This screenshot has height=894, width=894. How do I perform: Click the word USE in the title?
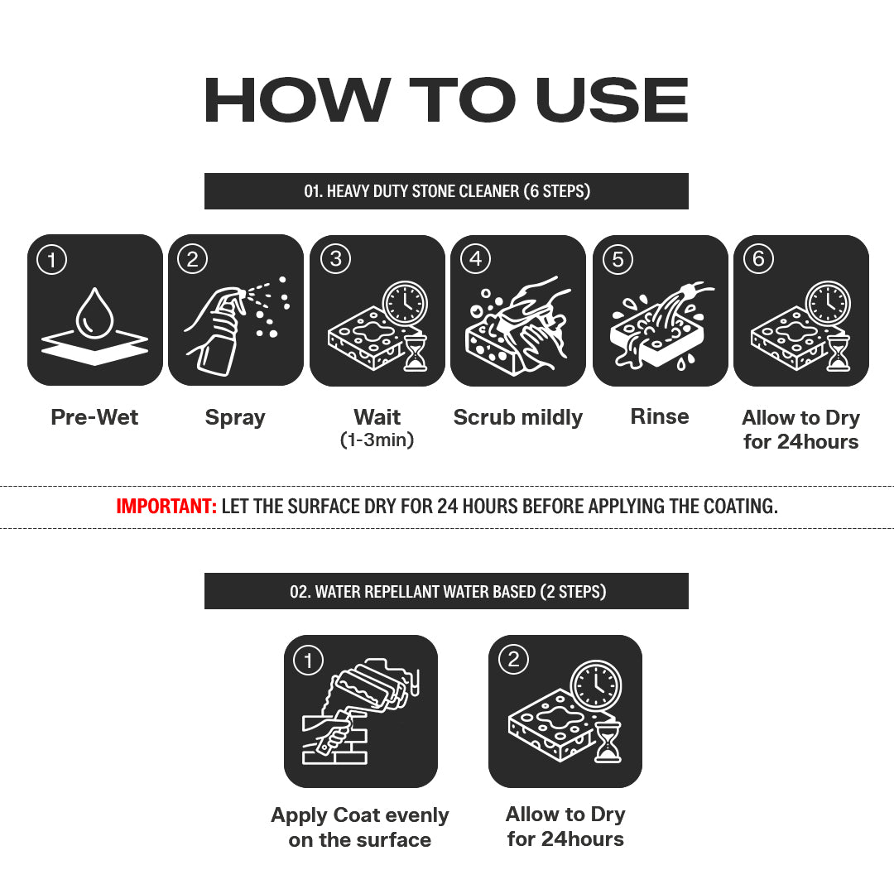[612, 100]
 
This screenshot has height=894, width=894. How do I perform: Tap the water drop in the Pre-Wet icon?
[95, 314]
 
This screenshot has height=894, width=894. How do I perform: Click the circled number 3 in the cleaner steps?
[336, 259]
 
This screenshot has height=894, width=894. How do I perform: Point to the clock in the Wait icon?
[405, 303]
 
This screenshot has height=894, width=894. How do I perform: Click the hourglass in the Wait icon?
[415, 353]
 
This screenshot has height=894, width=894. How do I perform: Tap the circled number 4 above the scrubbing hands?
[475, 259]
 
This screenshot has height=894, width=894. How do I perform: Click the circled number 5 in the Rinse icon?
[618, 259]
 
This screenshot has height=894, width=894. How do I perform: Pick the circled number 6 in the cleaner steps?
[758, 259]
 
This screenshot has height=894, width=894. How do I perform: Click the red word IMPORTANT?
[166, 507]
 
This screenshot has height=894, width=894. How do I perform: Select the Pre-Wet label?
[94, 416]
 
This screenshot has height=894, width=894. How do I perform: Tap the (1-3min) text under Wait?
[377, 440]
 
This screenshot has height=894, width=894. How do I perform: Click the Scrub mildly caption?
[518, 417]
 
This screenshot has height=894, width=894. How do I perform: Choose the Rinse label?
[660, 416]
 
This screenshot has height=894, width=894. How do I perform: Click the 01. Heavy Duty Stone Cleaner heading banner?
[446, 191]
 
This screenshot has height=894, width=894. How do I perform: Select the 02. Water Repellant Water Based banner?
[446, 591]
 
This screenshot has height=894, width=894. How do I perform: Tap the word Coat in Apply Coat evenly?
[356, 815]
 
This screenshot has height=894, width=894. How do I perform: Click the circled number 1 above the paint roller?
[309, 661]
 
